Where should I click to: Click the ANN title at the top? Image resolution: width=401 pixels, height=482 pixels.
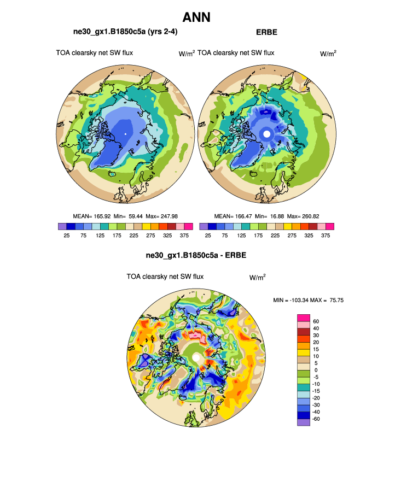(200, 17)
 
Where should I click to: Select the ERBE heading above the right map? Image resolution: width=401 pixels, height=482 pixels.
(266, 32)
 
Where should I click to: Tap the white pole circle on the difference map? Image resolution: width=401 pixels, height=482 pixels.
(196, 357)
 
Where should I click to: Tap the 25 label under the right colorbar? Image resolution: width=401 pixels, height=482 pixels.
(208, 236)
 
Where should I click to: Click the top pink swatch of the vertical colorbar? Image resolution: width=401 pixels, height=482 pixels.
(304, 318)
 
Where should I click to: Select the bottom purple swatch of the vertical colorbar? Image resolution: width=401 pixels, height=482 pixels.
(304, 422)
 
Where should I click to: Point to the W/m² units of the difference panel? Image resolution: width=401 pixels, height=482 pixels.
(258, 277)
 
